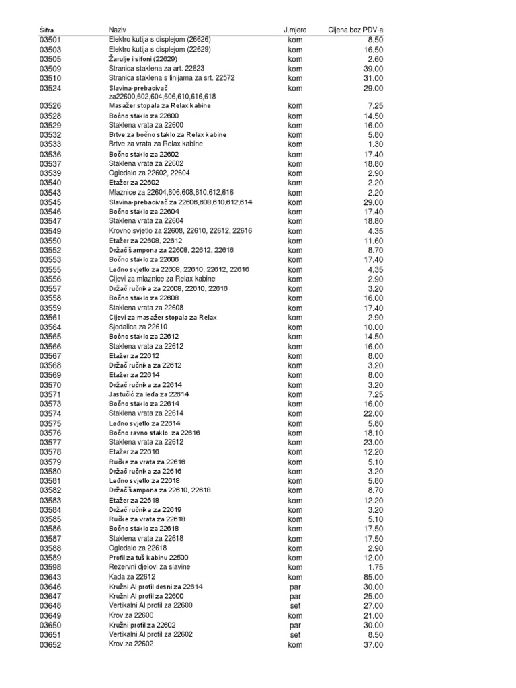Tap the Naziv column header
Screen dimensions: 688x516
coord(118,30)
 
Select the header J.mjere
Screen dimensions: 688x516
coord(294,30)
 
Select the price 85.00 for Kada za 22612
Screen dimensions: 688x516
coord(373,577)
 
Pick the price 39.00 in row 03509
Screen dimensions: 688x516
coord(373,69)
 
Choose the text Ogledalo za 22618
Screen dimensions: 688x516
coord(138,548)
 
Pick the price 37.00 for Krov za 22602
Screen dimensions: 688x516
coord(373,645)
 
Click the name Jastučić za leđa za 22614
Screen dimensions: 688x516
coord(149,394)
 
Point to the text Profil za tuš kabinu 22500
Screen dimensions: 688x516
coord(148,558)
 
